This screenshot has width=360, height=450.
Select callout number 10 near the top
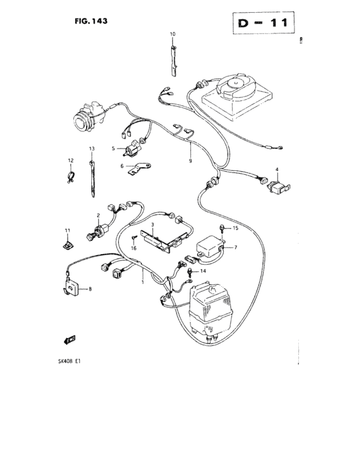click(x=172, y=33)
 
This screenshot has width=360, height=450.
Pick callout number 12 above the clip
click(x=71, y=160)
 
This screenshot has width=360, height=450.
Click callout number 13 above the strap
click(x=91, y=149)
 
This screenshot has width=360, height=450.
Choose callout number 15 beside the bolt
click(x=235, y=228)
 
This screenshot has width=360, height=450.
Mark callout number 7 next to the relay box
click(x=236, y=247)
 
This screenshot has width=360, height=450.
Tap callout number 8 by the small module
click(x=90, y=289)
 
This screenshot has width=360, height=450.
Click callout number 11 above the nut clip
click(x=66, y=230)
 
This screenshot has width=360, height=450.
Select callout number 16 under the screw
click(x=134, y=248)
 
